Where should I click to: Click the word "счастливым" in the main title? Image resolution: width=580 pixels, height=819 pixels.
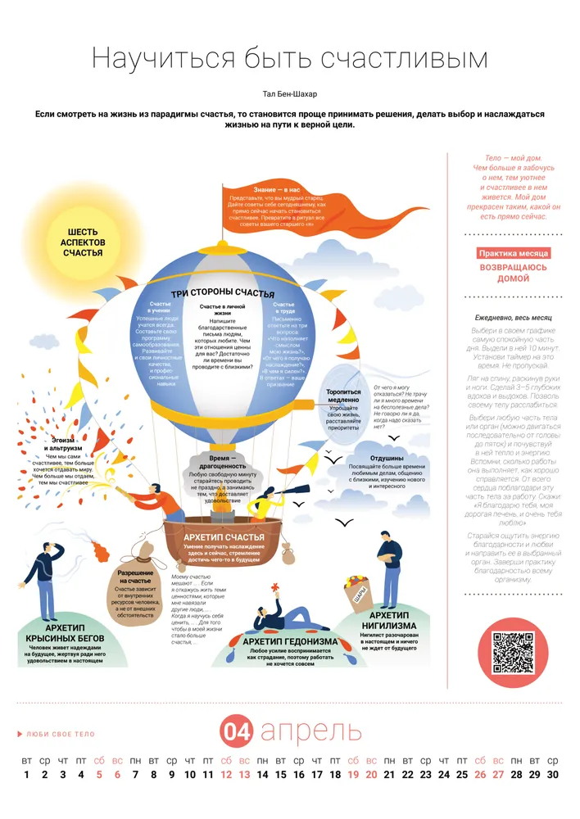pyautogui.click(x=401, y=59)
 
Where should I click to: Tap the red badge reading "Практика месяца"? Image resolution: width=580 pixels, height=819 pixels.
pyautogui.click(x=514, y=254)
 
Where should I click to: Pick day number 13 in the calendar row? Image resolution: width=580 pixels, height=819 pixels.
pyautogui.click(x=244, y=774)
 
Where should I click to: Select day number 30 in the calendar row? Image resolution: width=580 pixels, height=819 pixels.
pyautogui.click(x=552, y=774)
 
